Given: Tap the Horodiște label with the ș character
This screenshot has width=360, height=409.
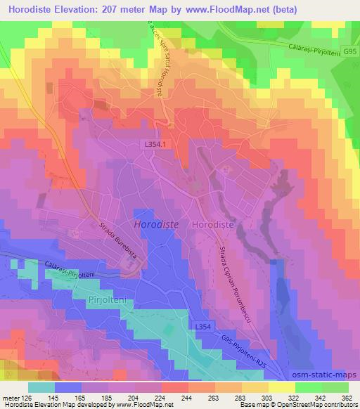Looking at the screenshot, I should [x=224, y=223].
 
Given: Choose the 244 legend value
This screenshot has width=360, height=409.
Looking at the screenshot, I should [x=186, y=398].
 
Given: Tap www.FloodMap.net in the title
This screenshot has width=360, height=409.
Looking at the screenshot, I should [x=218, y=10].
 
